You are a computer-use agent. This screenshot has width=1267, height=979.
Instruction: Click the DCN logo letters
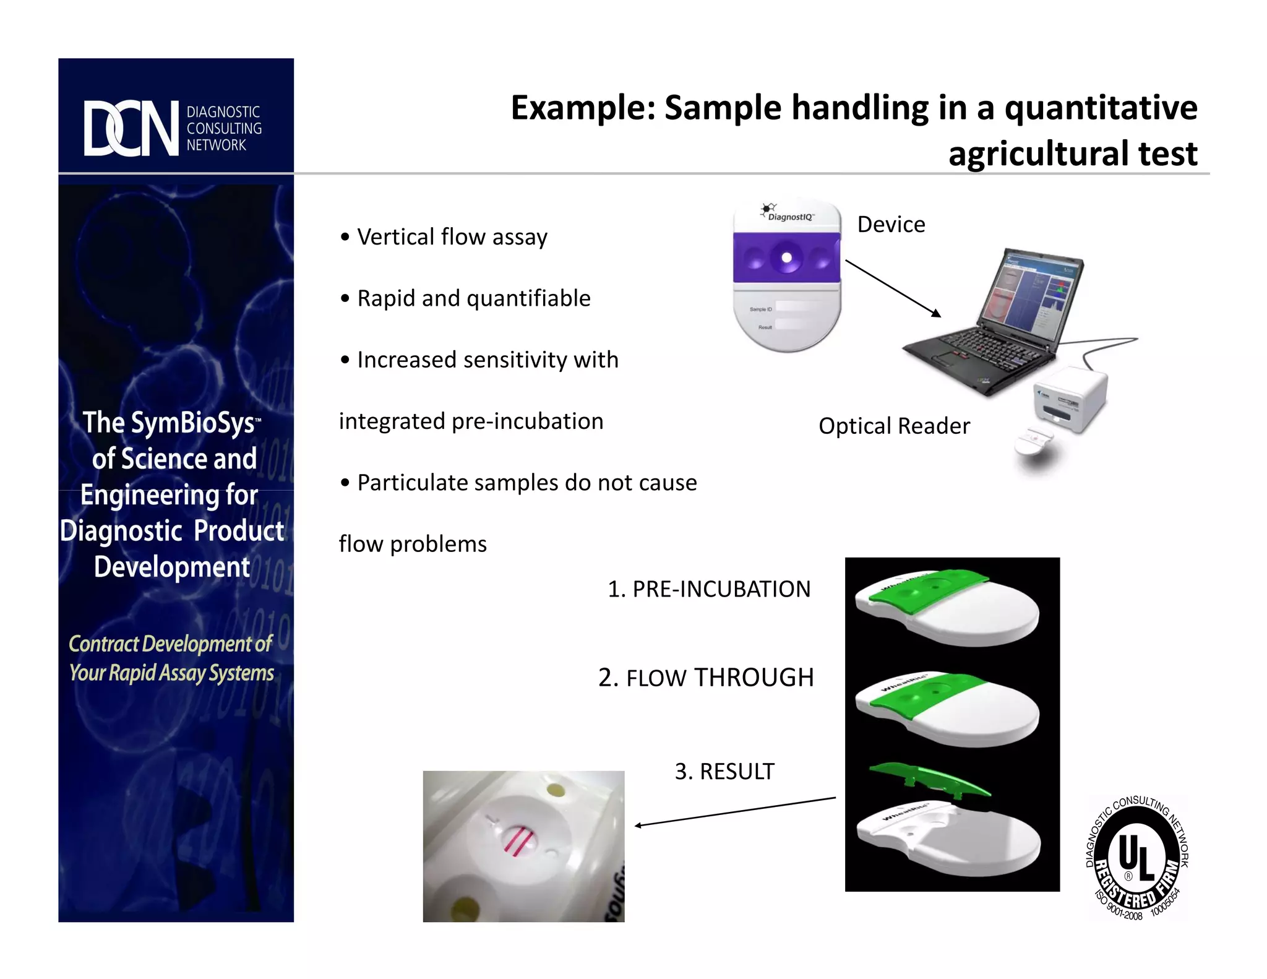[x=131, y=128]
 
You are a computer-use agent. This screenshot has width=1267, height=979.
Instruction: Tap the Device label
[x=891, y=224]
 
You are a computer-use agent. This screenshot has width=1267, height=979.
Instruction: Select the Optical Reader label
[x=894, y=426]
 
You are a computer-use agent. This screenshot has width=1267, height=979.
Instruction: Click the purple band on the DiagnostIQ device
[x=786, y=257]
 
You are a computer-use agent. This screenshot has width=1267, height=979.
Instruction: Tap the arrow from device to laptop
[x=893, y=288]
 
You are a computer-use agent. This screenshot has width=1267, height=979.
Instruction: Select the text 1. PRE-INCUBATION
[x=709, y=589]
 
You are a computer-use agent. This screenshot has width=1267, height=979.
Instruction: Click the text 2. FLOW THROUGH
[x=706, y=678]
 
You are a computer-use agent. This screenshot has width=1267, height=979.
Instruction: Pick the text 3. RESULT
[x=724, y=771]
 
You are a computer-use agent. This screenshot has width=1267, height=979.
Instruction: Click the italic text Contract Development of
[x=170, y=644]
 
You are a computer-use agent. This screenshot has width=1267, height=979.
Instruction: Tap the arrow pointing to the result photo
[x=735, y=812]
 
